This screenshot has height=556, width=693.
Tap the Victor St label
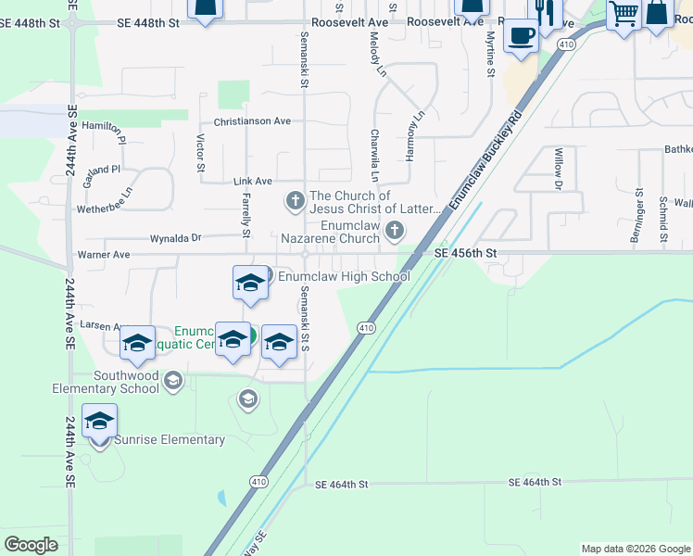pos(200,153)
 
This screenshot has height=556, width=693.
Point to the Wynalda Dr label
pos(175,237)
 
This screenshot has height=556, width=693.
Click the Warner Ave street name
pos(103,254)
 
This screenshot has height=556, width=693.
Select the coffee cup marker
pos(521,36)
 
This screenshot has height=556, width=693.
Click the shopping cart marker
pos(624,14)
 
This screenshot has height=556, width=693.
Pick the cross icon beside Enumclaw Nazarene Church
pos(396,230)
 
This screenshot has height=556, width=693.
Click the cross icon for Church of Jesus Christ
pos(295,199)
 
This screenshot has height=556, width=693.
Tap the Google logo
pos(31,545)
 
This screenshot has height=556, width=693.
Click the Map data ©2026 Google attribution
pos(636,549)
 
